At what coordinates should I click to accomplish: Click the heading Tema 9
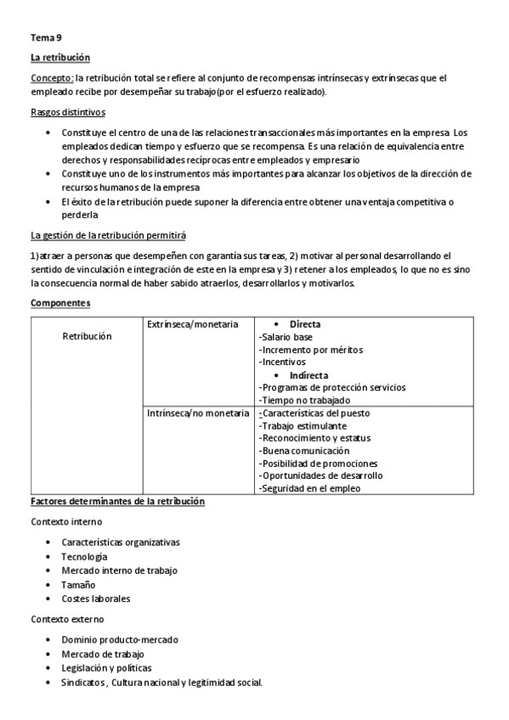(46, 38)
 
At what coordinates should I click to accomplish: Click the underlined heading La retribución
(59, 58)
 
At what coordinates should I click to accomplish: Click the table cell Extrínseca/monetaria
(187, 324)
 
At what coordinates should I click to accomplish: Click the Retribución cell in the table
(87, 336)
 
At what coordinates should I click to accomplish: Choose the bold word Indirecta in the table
(309, 374)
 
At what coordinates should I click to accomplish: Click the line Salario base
(286, 337)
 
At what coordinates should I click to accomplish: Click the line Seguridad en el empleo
(309, 488)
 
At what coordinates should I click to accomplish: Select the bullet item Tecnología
(84, 556)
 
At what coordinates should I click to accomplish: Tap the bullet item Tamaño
(79, 584)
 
